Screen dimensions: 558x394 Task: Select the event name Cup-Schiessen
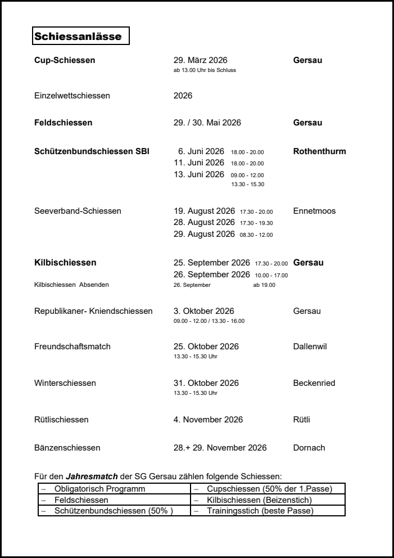click(x=65, y=60)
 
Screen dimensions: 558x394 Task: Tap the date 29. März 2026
click(x=201, y=60)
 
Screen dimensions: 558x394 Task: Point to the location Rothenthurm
click(x=319, y=151)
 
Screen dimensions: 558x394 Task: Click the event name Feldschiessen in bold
click(x=64, y=122)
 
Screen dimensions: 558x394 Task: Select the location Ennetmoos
click(x=314, y=211)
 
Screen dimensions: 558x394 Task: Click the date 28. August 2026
click(x=204, y=222)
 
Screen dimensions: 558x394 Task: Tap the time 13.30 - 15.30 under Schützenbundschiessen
click(x=247, y=184)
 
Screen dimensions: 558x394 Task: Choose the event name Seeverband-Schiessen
click(x=78, y=211)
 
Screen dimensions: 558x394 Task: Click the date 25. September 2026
click(x=212, y=263)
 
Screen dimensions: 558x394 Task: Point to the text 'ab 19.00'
click(x=264, y=285)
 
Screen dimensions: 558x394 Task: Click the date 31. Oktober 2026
click(x=206, y=383)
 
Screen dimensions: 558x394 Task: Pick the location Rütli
click(x=301, y=419)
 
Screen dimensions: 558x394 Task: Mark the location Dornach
click(x=309, y=448)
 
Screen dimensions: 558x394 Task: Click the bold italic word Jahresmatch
click(x=92, y=476)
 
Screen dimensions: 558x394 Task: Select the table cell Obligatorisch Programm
click(x=99, y=489)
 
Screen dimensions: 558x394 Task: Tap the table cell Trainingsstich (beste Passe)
click(x=260, y=511)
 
